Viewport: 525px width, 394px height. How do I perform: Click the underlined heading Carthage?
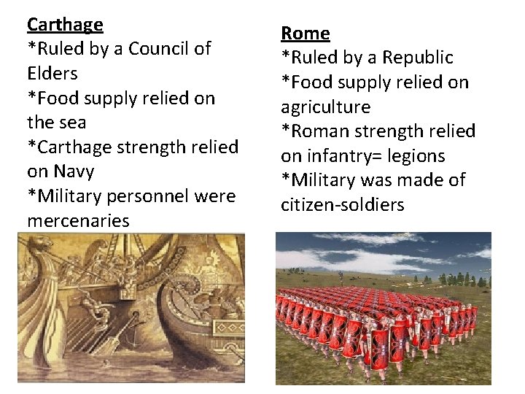coord(65,25)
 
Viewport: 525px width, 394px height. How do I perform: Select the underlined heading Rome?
coord(306,34)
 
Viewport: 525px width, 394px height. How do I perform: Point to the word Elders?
coord(52,74)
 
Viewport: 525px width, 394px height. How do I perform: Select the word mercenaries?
coord(78,220)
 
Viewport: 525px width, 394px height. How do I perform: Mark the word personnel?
coord(146,196)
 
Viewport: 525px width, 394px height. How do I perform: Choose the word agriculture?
coord(326,107)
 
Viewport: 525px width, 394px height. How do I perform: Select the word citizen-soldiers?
coord(342,205)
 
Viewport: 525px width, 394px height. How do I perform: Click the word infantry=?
coord(343,156)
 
